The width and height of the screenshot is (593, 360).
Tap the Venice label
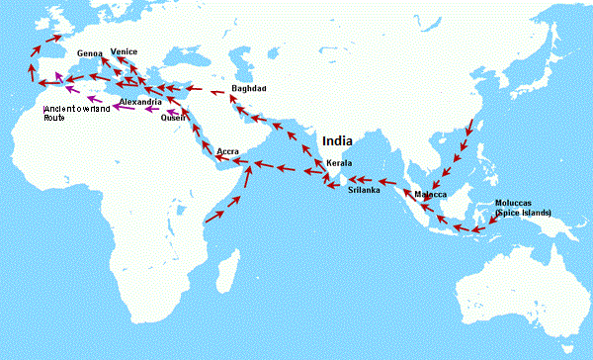click(125, 50)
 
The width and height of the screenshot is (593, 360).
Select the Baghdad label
click(248, 89)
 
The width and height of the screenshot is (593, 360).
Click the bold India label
click(339, 140)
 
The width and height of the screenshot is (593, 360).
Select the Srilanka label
click(364, 190)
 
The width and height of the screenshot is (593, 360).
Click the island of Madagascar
click(228, 267)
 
